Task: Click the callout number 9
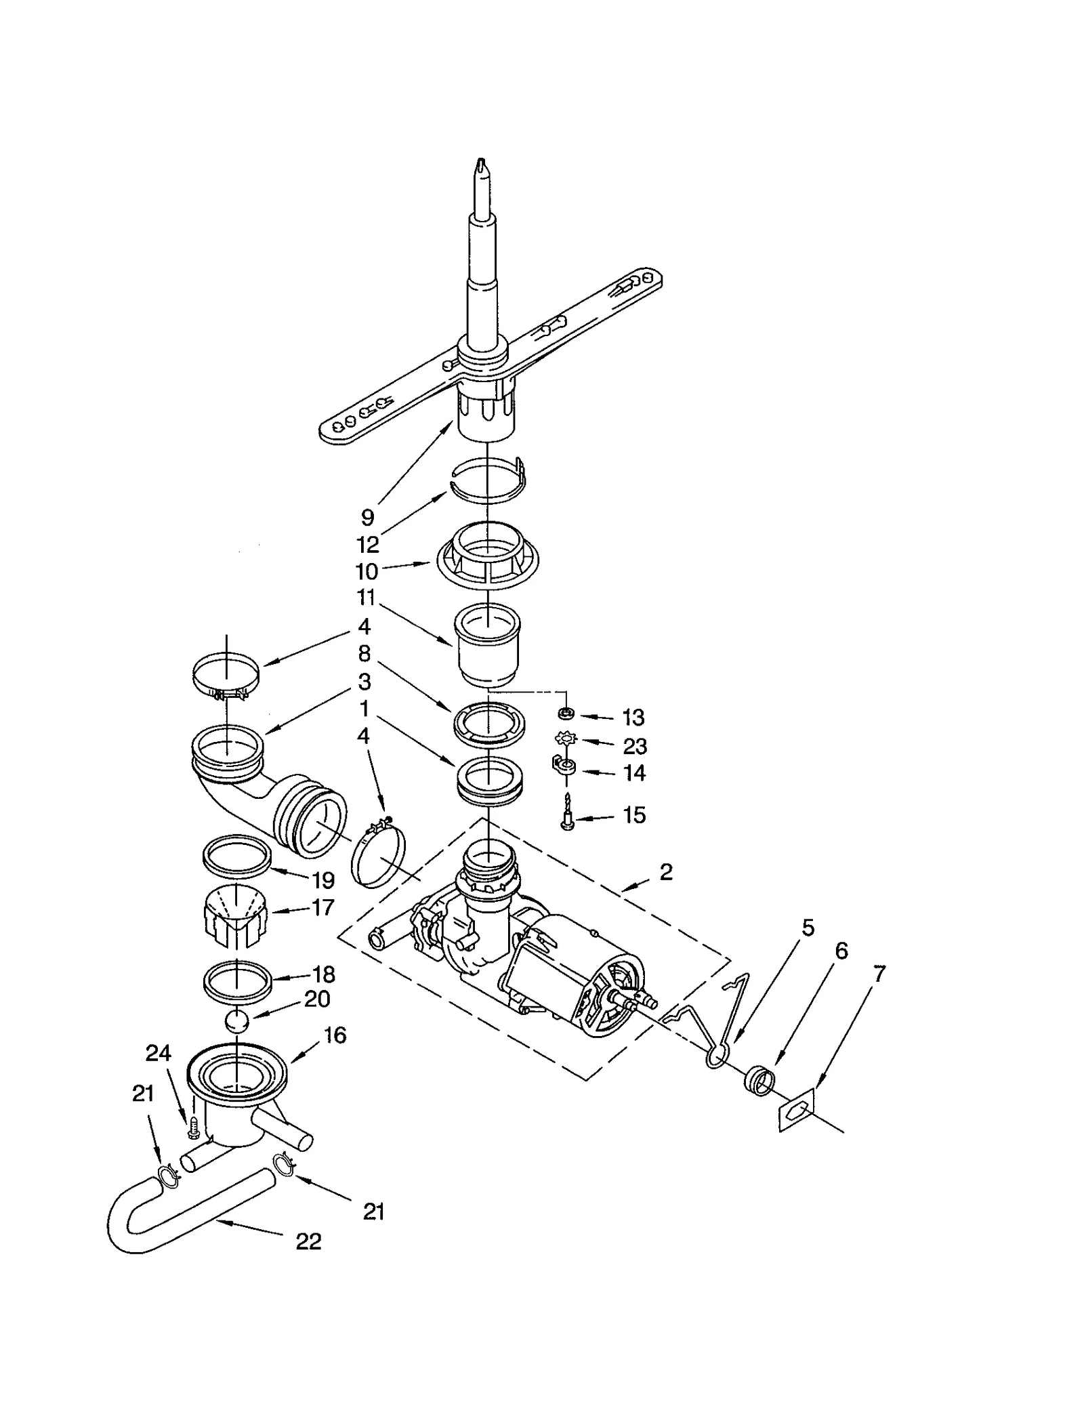click(367, 517)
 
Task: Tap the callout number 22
click(308, 1241)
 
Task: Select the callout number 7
click(879, 974)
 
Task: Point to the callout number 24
click(159, 1052)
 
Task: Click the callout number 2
click(666, 872)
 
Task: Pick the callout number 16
click(335, 1035)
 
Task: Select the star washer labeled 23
click(566, 739)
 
